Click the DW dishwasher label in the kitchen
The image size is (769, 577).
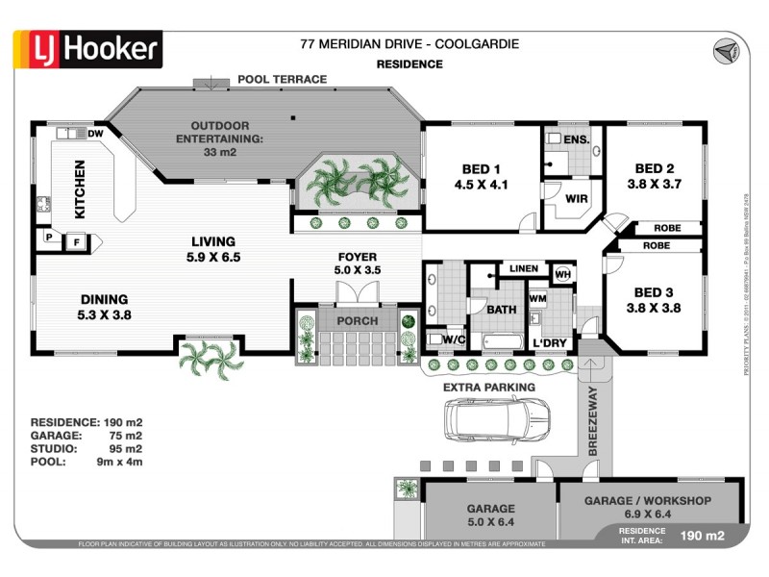tap(96, 134)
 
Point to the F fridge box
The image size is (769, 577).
tap(77, 242)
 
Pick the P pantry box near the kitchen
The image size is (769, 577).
tap(47, 236)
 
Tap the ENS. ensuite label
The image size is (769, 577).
tap(576, 140)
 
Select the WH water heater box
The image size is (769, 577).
tap(563, 274)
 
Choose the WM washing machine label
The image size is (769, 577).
tap(537, 299)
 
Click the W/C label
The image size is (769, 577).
tap(453, 339)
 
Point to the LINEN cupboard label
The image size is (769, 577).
tap(524, 268)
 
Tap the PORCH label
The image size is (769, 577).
tap(357, 320)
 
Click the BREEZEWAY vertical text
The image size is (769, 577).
tap(593, 419)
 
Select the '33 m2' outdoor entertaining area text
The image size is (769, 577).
tap(220, 152)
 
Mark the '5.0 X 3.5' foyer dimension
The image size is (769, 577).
tap(358, 271)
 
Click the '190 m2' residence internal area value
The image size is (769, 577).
tap(703, 536)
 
